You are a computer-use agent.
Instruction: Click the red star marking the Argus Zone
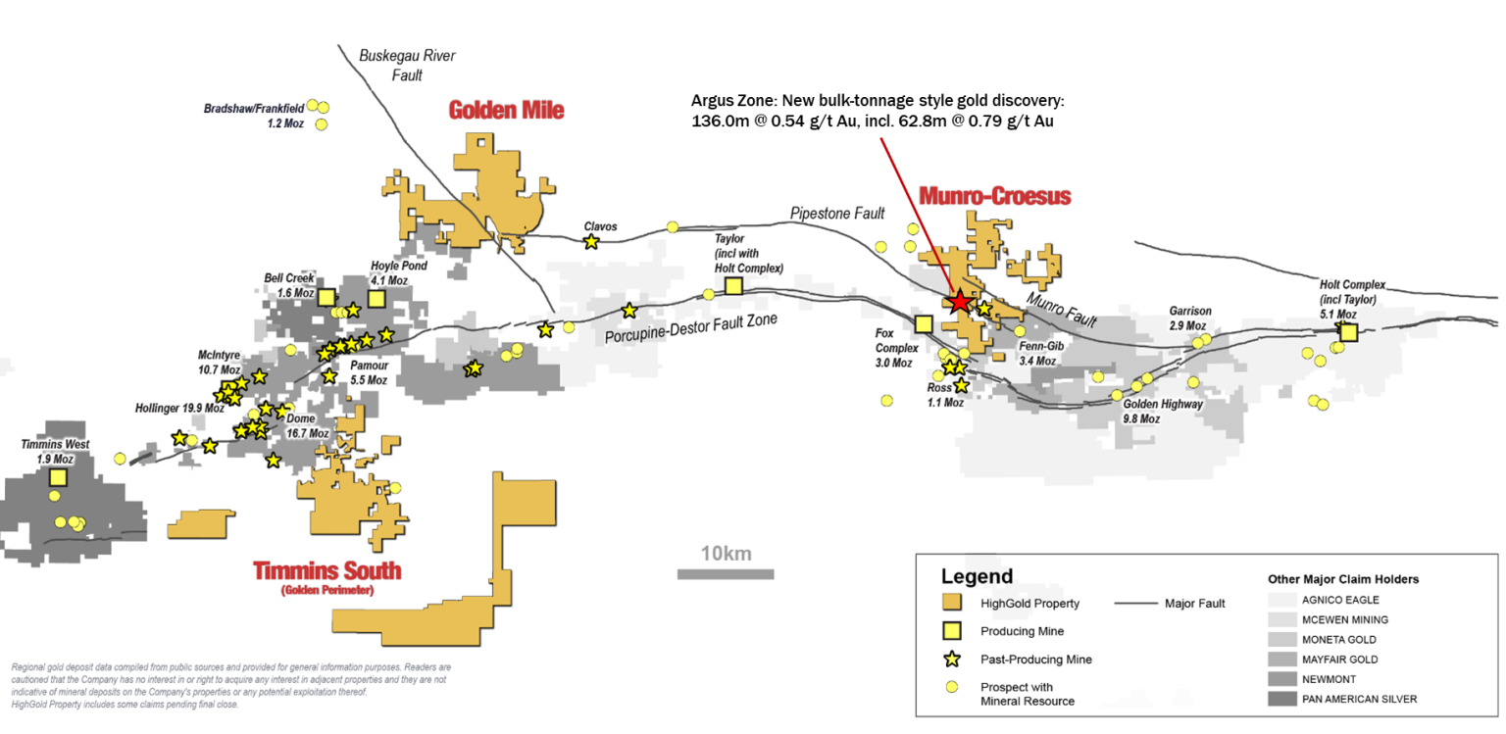pos(959,303)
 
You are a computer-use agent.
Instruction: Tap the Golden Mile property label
pos(506,110)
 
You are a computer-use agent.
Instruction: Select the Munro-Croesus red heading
pos(993,196)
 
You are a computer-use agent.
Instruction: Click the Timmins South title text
pos(326,570)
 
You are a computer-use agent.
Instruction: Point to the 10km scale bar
pos(726,573)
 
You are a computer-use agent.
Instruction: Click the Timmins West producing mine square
pos(58,477)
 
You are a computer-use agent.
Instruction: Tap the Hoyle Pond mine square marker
pos(376,298)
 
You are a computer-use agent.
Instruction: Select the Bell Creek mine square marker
pos(326,298)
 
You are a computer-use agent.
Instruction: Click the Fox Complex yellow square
pos(923,322)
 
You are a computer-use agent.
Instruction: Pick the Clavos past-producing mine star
pos(591,241)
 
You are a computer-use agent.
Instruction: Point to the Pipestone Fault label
pos(837,213)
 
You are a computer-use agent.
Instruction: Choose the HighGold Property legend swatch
pos(951,603)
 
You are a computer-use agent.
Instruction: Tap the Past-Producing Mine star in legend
pos(951,659)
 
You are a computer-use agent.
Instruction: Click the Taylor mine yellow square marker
pos(733,285)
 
